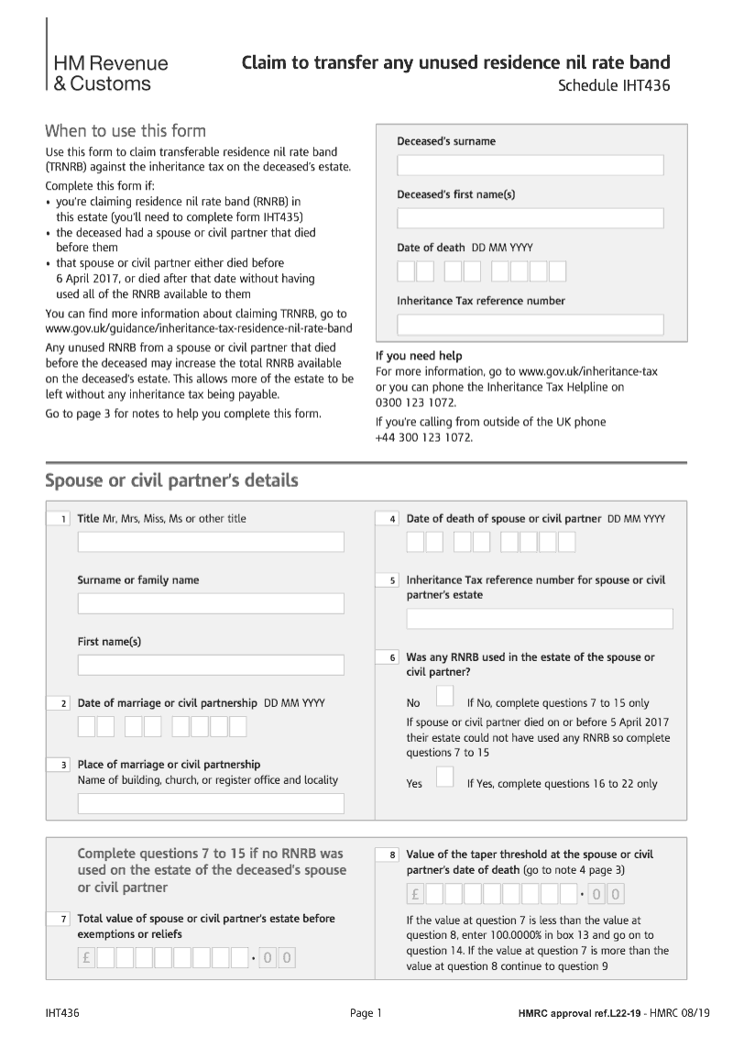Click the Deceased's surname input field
[x=530, y=165]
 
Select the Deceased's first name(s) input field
[x=530, y=218]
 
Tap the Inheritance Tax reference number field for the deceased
[x=530, y=325]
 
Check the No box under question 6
[x=444, y=697]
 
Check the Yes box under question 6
[x=444, y=778]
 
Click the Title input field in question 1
[x=211, y=542]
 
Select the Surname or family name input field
[x=211, y=603]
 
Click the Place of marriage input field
[x=211, y=804]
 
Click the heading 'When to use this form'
[x=126, y=130]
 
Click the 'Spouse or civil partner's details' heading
[x=171, y=480]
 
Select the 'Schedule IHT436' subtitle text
[x=614, y=87]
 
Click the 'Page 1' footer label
[x=366, y=1013]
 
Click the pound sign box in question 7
[x=87, y=958]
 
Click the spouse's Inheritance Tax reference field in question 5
[x=540, y=619]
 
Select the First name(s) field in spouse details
[x=211, y=665]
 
